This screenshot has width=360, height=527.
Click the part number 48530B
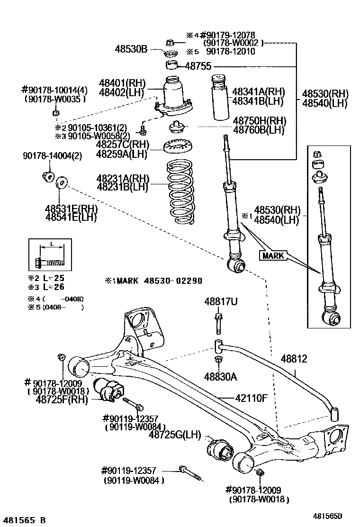point(132,48)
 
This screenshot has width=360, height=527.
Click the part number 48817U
point(218,301)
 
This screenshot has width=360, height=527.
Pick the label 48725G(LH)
point(175,434)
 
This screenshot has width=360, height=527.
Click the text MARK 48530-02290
point(153,281)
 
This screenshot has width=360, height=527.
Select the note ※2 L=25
point(46,278)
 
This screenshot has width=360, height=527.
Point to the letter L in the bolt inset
point(51,244)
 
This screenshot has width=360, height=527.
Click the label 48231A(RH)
point(122,179)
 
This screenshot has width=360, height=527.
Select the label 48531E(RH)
point(71,209)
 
